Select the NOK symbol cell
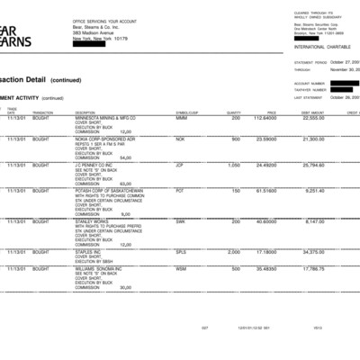tap(180, 139)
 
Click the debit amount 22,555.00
tap(313, 118)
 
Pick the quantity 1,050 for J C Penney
tap(234, 166)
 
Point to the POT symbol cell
tap(180, 191)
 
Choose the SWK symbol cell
tap(181, 221)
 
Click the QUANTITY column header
tap(234, 112)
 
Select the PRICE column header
tap(271, 112)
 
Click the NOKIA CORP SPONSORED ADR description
tap(104, 139)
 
